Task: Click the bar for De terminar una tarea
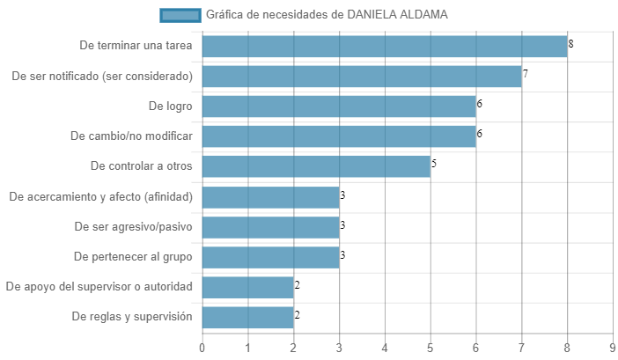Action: pos(385,47)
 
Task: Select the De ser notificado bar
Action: pos(362,77)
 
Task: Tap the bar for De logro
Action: pos(339,107)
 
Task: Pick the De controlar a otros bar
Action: pos(316,166)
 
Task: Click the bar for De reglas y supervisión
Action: pos(248,318)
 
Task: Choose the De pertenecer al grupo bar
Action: pos(271,257)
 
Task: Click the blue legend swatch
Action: pos(180,15)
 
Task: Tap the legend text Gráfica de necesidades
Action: pos(272,15)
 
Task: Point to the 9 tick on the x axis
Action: pos(612,348)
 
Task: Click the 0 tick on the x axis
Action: pos(202,348)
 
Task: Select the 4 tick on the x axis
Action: pos(385,348)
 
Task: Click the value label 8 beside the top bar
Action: pos(570,44)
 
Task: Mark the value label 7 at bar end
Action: pos(525,74)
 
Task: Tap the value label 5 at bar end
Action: pos(433,164)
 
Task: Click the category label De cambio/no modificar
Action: pos(132,136)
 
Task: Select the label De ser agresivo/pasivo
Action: pos(134,227)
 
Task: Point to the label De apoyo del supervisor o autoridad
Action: pos(99,287)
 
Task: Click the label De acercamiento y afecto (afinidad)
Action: pos(101,196)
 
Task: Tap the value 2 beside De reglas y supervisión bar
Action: pos(298,315)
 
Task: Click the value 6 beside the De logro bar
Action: pos(479,104)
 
